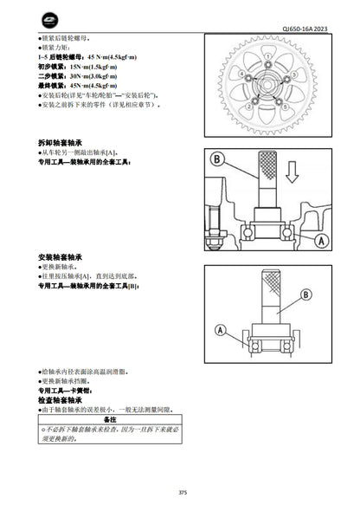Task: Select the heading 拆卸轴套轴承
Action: click(x=63, y=140)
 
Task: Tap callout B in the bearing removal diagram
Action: click(x=216, y=159)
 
